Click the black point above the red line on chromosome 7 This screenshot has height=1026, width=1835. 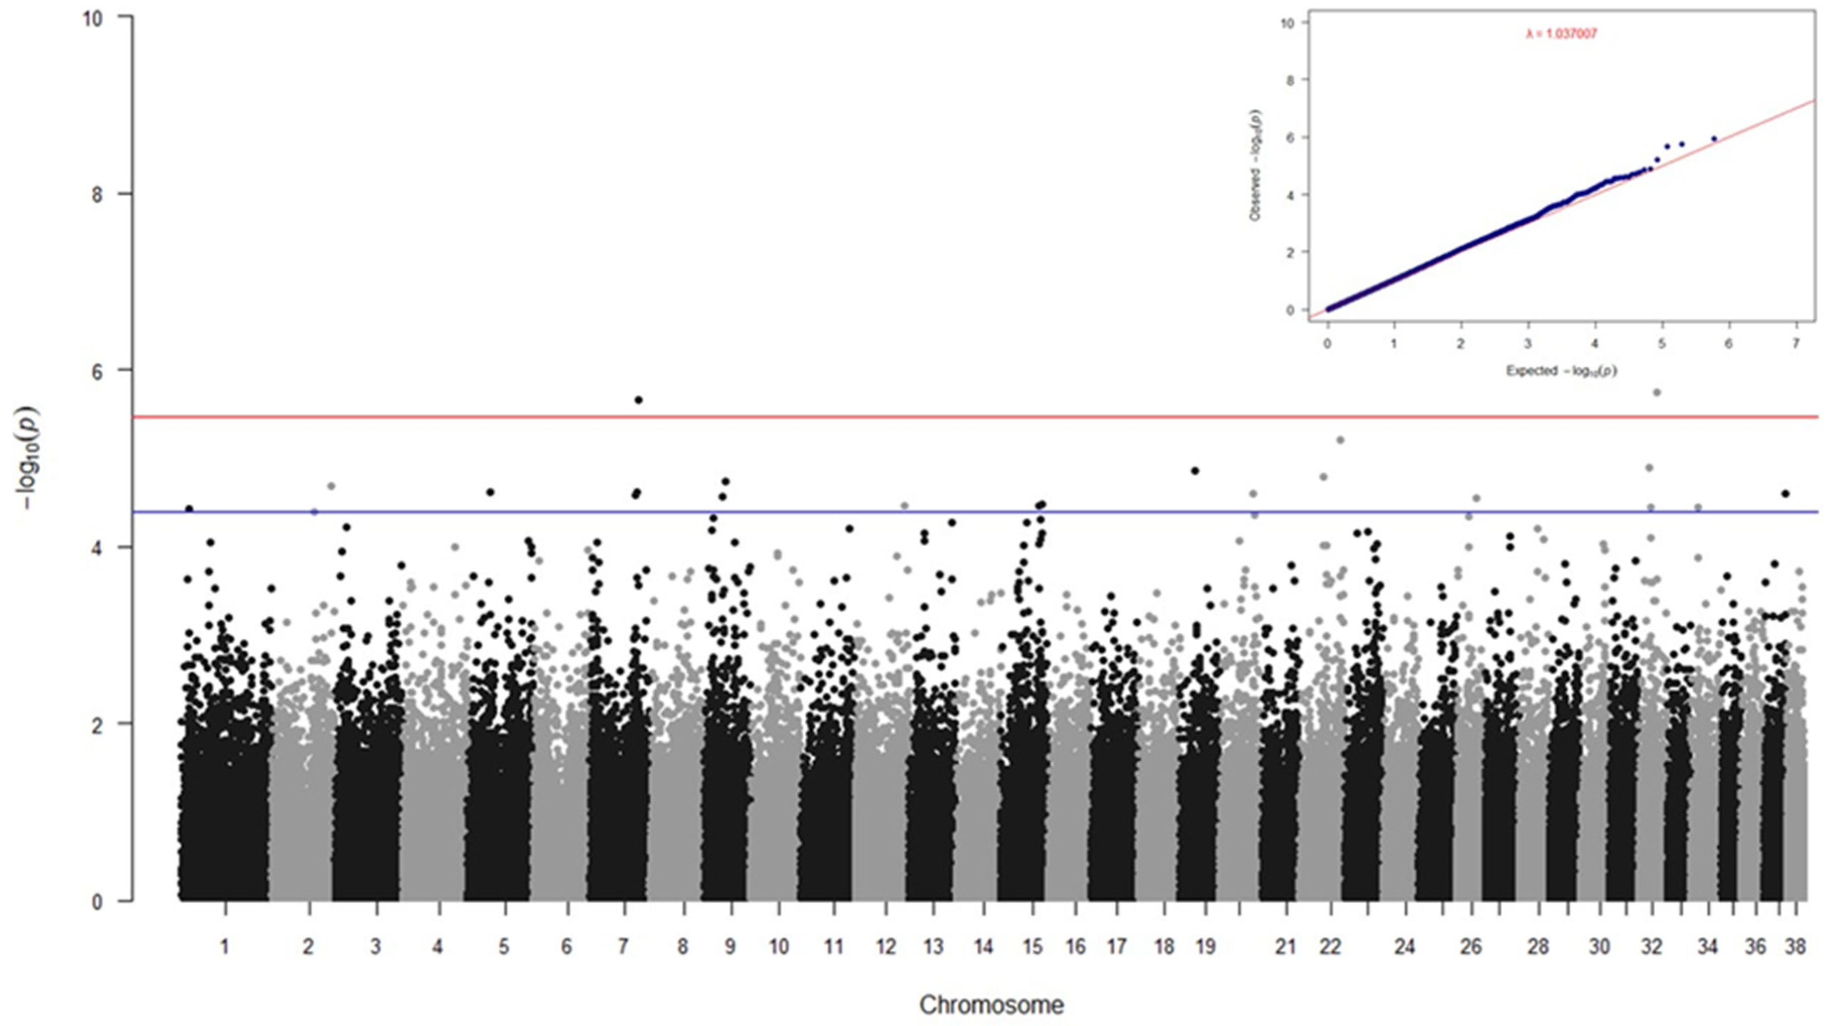[x=638, y=400]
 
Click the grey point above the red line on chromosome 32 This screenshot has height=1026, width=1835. [x=1656, y=393]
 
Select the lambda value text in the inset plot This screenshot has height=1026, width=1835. [x=1561, y=34]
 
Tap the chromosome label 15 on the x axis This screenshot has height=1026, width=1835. [x=1032, y=947]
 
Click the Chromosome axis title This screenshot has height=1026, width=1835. [x=991, y=1005]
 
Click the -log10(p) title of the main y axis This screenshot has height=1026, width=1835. [x=31, y=458]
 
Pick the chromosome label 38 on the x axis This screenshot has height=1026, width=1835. [x=1795, y=947]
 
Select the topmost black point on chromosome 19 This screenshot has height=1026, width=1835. [x=1195, y=470]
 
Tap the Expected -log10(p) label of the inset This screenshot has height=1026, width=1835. [x=1561, y=371]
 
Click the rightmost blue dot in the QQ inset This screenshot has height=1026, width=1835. [x=1714, y=139]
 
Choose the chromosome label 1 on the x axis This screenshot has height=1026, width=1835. [x=225, y=947]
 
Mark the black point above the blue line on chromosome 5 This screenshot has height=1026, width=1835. [x=490, y=492]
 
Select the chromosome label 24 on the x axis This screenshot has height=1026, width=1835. [x=1404, y=947]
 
